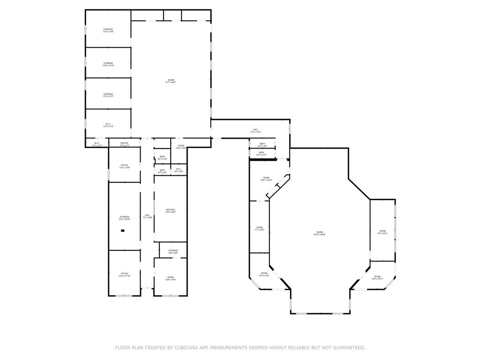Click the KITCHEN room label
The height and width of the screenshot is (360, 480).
[x=171, y=210]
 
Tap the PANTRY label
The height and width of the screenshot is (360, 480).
[x=124, y=144]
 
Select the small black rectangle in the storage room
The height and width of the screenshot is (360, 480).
[x=123, y=231]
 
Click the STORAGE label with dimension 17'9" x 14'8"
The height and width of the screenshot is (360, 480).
[x=108, y=30]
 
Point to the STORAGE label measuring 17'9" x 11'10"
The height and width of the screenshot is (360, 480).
[x=108, y=64]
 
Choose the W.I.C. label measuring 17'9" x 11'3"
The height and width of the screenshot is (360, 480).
[x=108, y=125]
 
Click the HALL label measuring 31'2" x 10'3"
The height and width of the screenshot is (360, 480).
[x=255, y=130]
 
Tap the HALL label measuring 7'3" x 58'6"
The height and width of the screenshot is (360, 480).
[x=147, y=216]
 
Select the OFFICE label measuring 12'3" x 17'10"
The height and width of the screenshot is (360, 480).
[x=124, y=274]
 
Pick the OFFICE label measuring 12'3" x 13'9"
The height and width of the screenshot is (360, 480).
[x=124, y=166]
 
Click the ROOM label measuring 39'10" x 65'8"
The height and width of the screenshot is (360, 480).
[x=319, y=233]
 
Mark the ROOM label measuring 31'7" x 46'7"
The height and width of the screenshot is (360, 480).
[x=171, y=81]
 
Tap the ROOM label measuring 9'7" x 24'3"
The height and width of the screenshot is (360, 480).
[x=382, y=232]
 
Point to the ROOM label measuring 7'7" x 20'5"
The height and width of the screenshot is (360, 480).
[x=259, y=228]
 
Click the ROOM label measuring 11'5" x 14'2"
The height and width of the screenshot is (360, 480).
[x=264, y=274]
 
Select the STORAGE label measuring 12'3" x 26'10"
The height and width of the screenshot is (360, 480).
[x=124, y=217]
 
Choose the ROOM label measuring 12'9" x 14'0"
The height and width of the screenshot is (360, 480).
[x=171, y=278]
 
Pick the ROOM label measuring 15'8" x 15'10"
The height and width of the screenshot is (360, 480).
[x=266, y=179]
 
